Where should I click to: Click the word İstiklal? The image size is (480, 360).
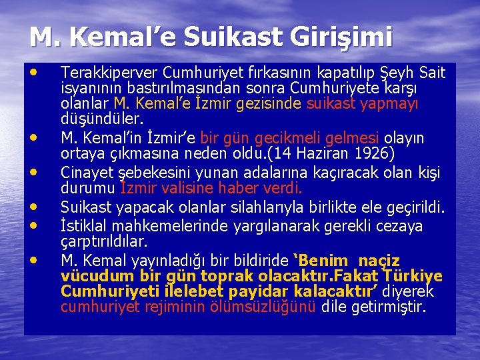(x=82, y=226)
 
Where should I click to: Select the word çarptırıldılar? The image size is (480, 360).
(x=103, y=241)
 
